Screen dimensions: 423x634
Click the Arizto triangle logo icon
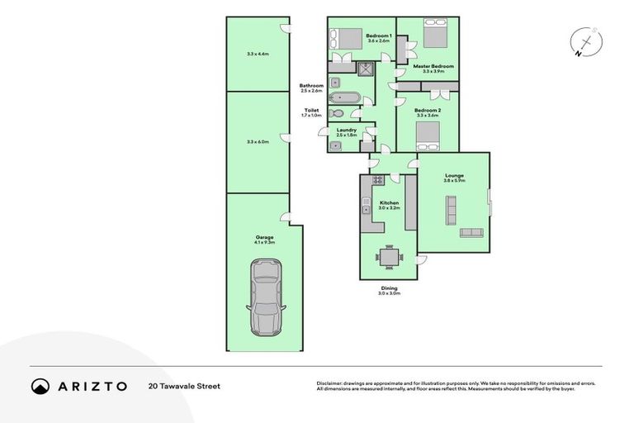[40, 386]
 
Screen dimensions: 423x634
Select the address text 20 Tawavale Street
[184, 386]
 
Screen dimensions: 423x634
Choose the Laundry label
[347, 130]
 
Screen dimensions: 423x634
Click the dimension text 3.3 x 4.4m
[258, 55]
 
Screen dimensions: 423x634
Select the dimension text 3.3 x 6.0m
[258, 141]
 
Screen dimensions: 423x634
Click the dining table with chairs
[389, 257]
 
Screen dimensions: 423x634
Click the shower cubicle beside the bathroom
[366, 69]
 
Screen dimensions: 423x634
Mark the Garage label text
[264, 237]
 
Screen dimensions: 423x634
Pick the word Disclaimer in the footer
[330, 383]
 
